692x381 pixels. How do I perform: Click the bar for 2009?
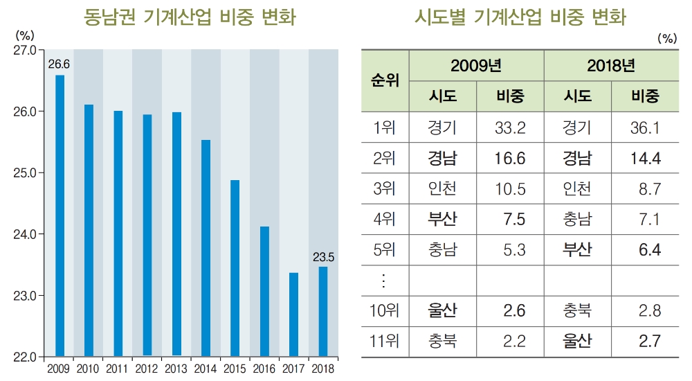(x=60, y=215)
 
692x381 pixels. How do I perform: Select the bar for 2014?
(x=206, y=248)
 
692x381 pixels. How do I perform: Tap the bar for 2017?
(x=293, y=314)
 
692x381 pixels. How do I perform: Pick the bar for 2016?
(x=264, y=291)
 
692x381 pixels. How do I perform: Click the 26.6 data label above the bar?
(x=59, y=64)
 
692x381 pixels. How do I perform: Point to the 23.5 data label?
(x=323, y=257)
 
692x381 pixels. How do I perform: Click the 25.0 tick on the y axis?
(x=26, y=172)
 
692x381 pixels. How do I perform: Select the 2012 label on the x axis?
(x=147, y=368)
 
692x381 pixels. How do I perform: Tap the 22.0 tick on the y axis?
(x=26, y=357)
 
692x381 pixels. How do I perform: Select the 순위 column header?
(x=385, y=80)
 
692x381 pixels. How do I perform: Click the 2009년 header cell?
(x=475, y=66)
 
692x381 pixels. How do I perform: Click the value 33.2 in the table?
(x=510, y=127)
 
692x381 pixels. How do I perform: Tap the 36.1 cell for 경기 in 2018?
(x=645, y=127)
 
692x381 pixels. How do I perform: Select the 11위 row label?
(x=385, y=341)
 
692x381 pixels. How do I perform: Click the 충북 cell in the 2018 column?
(x=577, y=310)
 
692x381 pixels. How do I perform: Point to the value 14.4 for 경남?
(x=645, y=158)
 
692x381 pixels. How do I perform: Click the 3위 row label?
(x=385, y=189)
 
